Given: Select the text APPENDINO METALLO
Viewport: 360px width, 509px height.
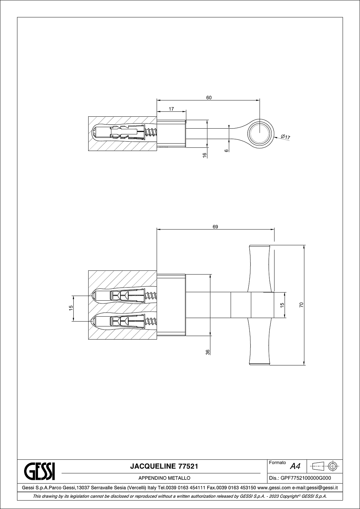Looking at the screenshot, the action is (164, 478).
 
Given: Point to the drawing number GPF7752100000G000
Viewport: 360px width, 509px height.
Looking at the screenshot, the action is (306, 478).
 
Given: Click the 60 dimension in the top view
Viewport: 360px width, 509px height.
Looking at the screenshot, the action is (209, 98).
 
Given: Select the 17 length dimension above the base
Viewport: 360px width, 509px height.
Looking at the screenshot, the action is (171, 109).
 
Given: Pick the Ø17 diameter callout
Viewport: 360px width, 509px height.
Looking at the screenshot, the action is (285, 137).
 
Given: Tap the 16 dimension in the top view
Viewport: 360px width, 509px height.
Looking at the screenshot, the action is (205, 155).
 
